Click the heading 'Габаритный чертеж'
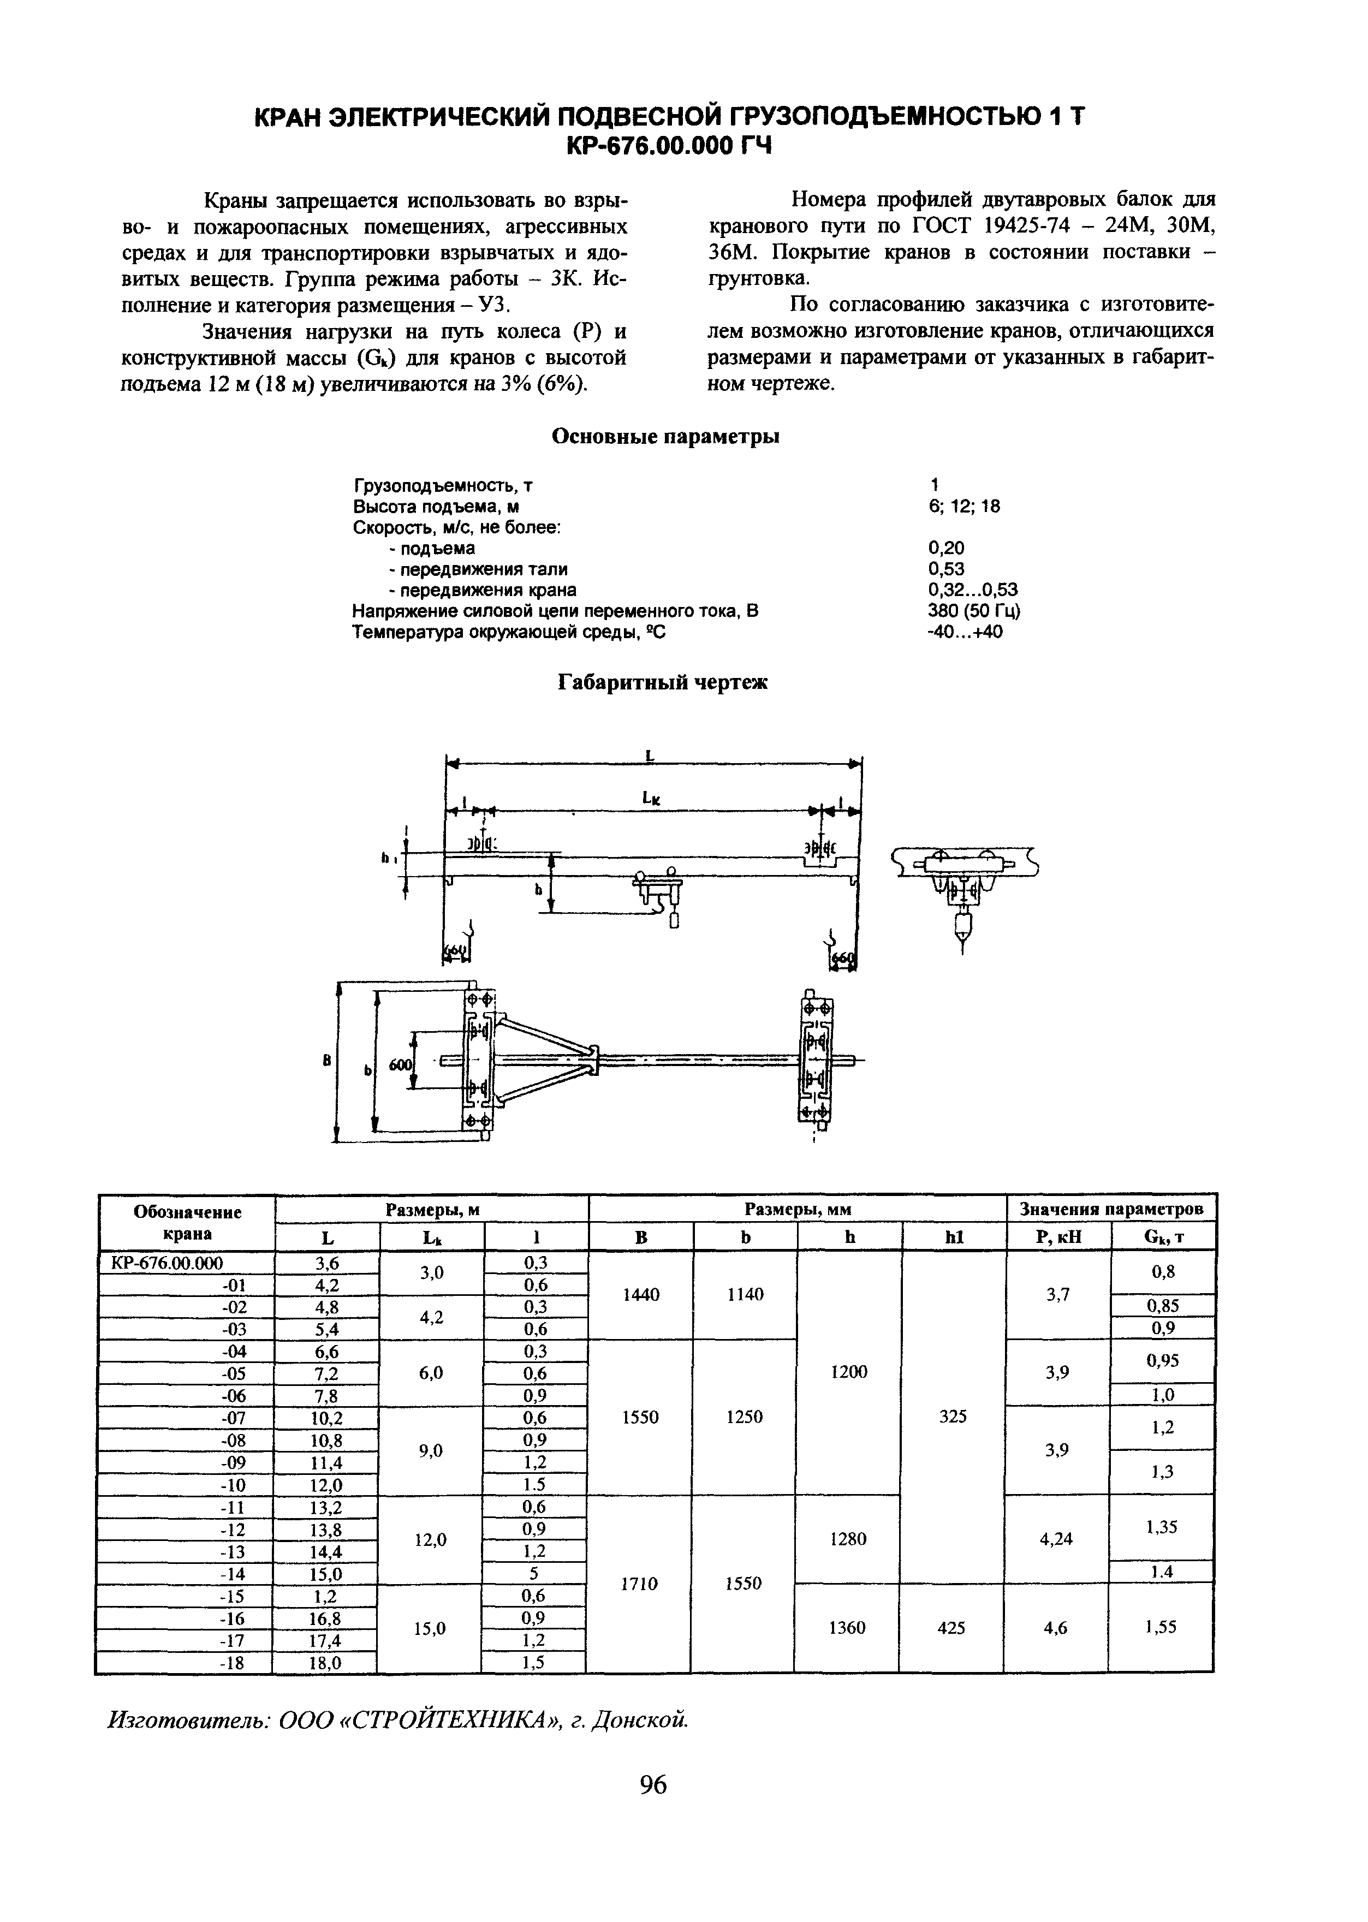coord(664,682)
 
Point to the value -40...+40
coord(965,631)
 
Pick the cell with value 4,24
coord(1056,1539)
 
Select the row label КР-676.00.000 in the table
coord(167,1263)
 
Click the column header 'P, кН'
coord(1059,1237)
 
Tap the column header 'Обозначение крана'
coord(187,1222)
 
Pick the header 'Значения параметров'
coord(1111,1210)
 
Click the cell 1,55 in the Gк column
coord(1161,1627)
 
